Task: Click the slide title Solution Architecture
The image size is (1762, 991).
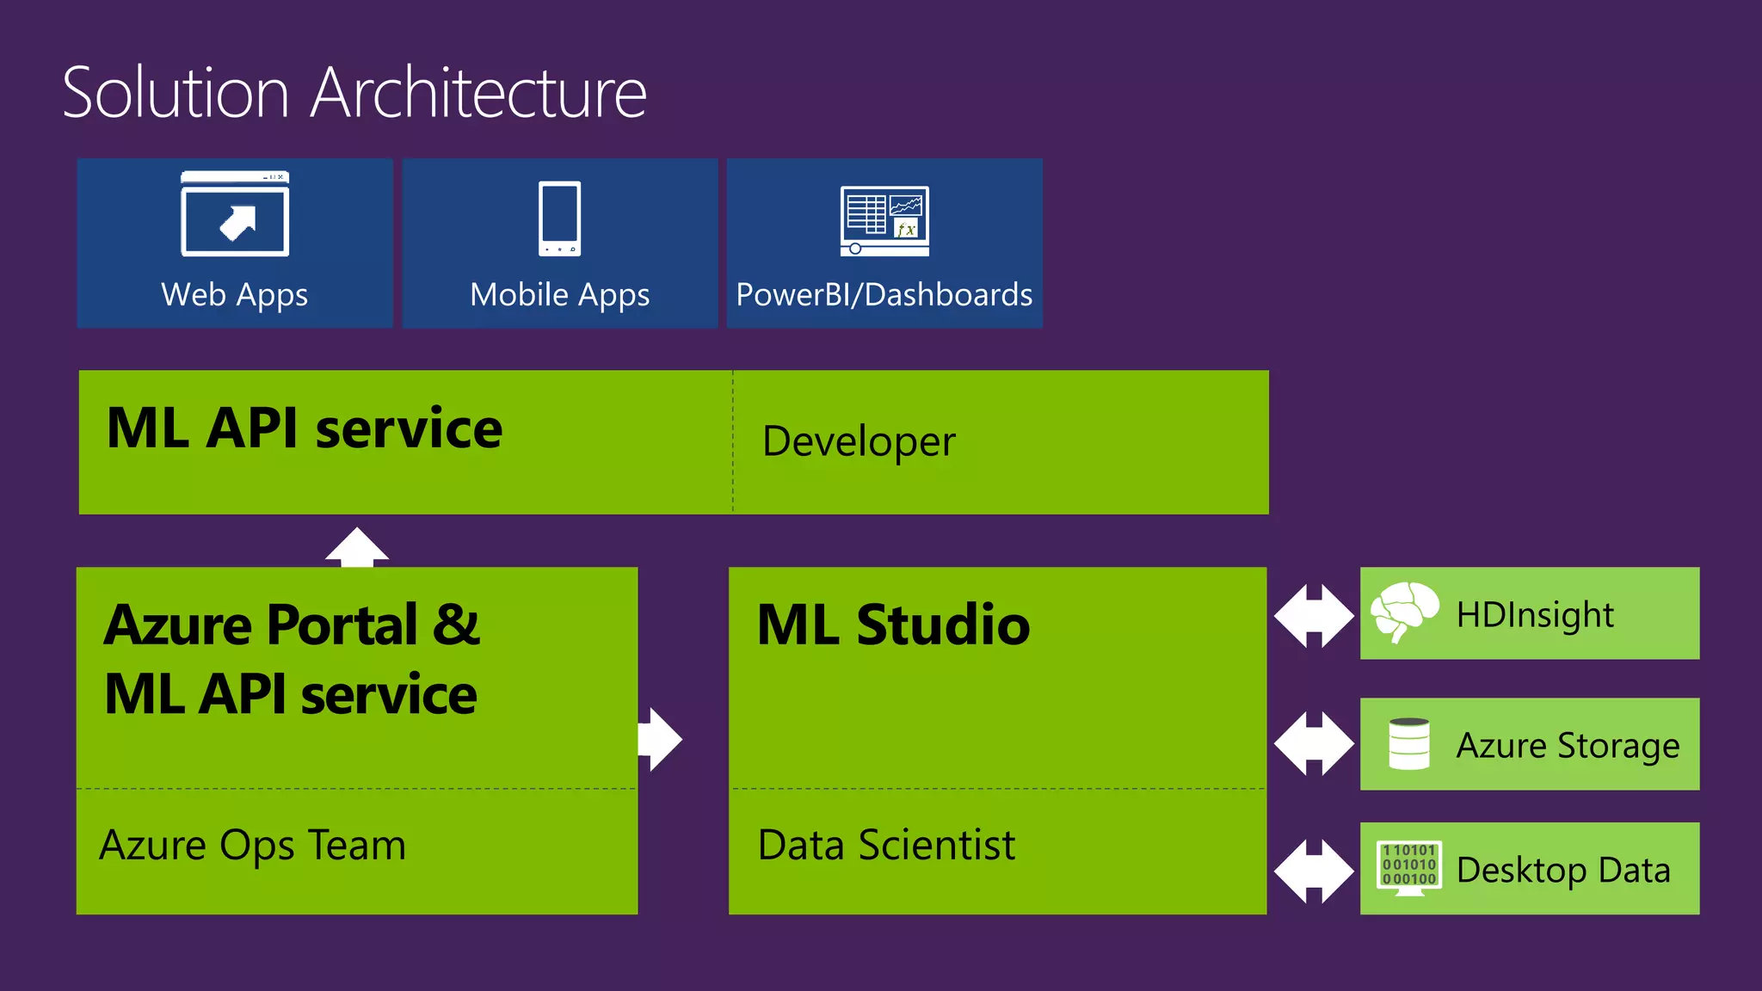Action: click(x=354, y=93)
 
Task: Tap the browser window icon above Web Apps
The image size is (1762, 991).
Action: click(x=235, y=214)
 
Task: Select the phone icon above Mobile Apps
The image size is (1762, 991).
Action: click(x=559, y=219)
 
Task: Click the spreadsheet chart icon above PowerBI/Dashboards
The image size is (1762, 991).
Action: click(x=884, y=221)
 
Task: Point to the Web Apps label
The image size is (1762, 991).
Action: click(x=234, y=295)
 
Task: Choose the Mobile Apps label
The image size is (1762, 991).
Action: click(x=559, y=295)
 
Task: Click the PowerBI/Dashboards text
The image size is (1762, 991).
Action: click(x=884, y=295)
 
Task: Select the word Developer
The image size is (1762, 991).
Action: click(x=859, y=442)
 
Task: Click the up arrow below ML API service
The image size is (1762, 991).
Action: click(x=357, y=547)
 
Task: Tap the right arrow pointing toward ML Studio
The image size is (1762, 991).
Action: click(x=661, y=739)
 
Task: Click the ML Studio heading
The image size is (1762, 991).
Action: click(x=893, y=625)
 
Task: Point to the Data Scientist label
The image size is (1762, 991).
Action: click(x=886, y=845)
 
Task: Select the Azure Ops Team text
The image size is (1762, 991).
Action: click(x=252, y=845)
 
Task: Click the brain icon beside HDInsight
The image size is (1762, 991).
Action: click(x=1404, y=611)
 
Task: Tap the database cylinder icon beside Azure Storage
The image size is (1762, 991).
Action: click(x=1409, y=744)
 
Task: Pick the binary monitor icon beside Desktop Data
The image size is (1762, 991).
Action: click(x=1409, y=868)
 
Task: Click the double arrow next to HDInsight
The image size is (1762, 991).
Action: click(x=1314, y=615)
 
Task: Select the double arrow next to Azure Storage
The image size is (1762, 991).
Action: click(x=1314, y=743)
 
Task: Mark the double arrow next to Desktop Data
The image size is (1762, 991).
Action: click(x=1314, y=871)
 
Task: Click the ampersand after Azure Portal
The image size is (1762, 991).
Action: click(x=456, y=625)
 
